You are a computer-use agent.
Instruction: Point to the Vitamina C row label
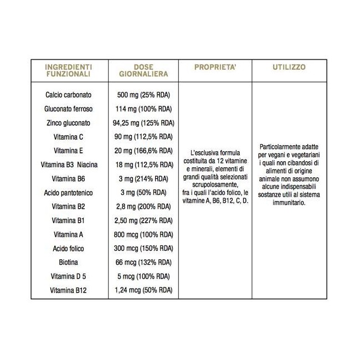pos(69,136)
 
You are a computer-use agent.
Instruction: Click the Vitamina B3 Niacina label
pos(69,164)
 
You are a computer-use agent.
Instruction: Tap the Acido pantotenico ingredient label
pos(69,192)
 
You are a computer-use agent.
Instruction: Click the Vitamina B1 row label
pos(69,220)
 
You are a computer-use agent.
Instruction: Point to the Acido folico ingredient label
pos(69,248)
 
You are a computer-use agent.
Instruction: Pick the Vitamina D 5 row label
pos(69,276)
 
